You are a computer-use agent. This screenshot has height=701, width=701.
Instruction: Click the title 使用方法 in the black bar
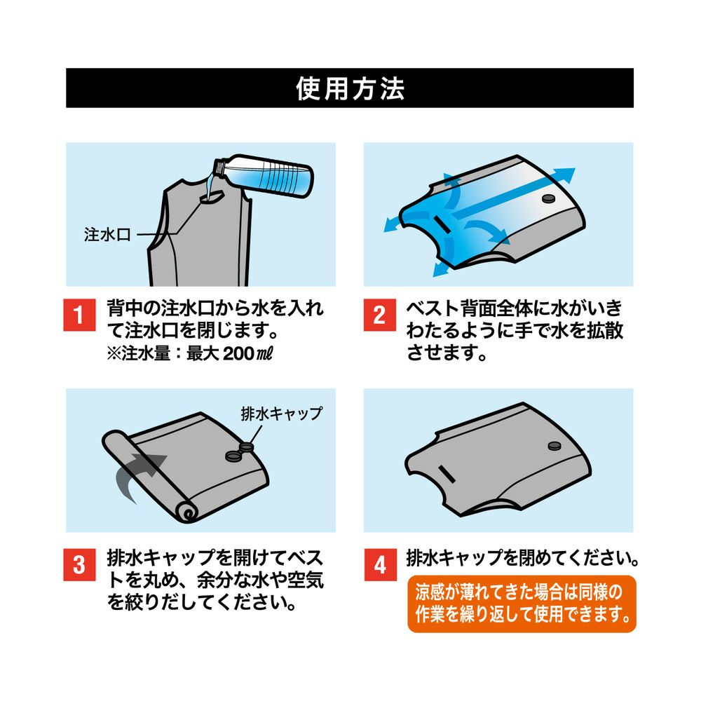[x=350, y=88]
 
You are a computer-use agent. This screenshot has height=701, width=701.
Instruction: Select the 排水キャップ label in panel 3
[x=281, y=413]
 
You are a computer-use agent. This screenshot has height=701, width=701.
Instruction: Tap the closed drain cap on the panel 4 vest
[x=554, y=444]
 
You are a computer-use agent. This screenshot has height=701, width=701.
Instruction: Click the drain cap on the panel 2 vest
[x=549, y=200]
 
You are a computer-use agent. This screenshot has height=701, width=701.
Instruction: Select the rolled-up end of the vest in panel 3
[x=187, y=513]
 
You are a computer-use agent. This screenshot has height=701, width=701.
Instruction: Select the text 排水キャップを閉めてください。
[x=523, y=558]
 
